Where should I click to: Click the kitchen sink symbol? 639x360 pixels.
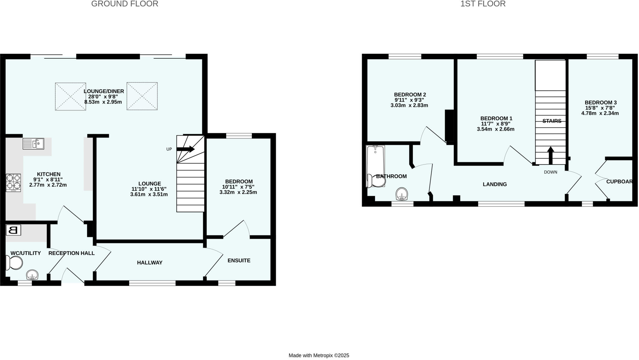click(x=33, y=144)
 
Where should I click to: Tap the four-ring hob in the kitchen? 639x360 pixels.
click(x=13, y=182)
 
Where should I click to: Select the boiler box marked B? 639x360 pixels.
click(x=13, y=230)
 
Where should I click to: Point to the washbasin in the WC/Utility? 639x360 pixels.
click(x=32, y=275)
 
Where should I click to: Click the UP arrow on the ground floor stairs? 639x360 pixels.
click(x=186, y=149)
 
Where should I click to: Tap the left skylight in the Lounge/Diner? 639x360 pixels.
click(x=71, y=96)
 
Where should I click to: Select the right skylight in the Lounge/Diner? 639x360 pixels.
click(x=142, y=96)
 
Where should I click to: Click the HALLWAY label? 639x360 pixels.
click(x=150, y=263)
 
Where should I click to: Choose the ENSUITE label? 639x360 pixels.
click(x=239, y=260)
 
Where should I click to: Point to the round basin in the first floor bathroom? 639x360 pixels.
click(x=402, y=194)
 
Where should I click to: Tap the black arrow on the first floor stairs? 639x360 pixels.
click(x=550, y=155)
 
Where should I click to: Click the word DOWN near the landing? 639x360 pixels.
click(x=550, y=172)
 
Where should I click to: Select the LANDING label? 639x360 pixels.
click(x=495, y=184)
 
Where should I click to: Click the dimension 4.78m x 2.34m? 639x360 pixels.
click(x=600, y=113)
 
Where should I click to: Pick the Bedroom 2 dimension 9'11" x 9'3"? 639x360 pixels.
click(x=409, y=100)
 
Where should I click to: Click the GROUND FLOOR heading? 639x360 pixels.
click(x=124, y=4)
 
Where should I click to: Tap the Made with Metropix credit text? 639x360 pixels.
click(x=319, y=355)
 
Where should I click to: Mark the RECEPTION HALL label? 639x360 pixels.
click(x=71, y=253)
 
